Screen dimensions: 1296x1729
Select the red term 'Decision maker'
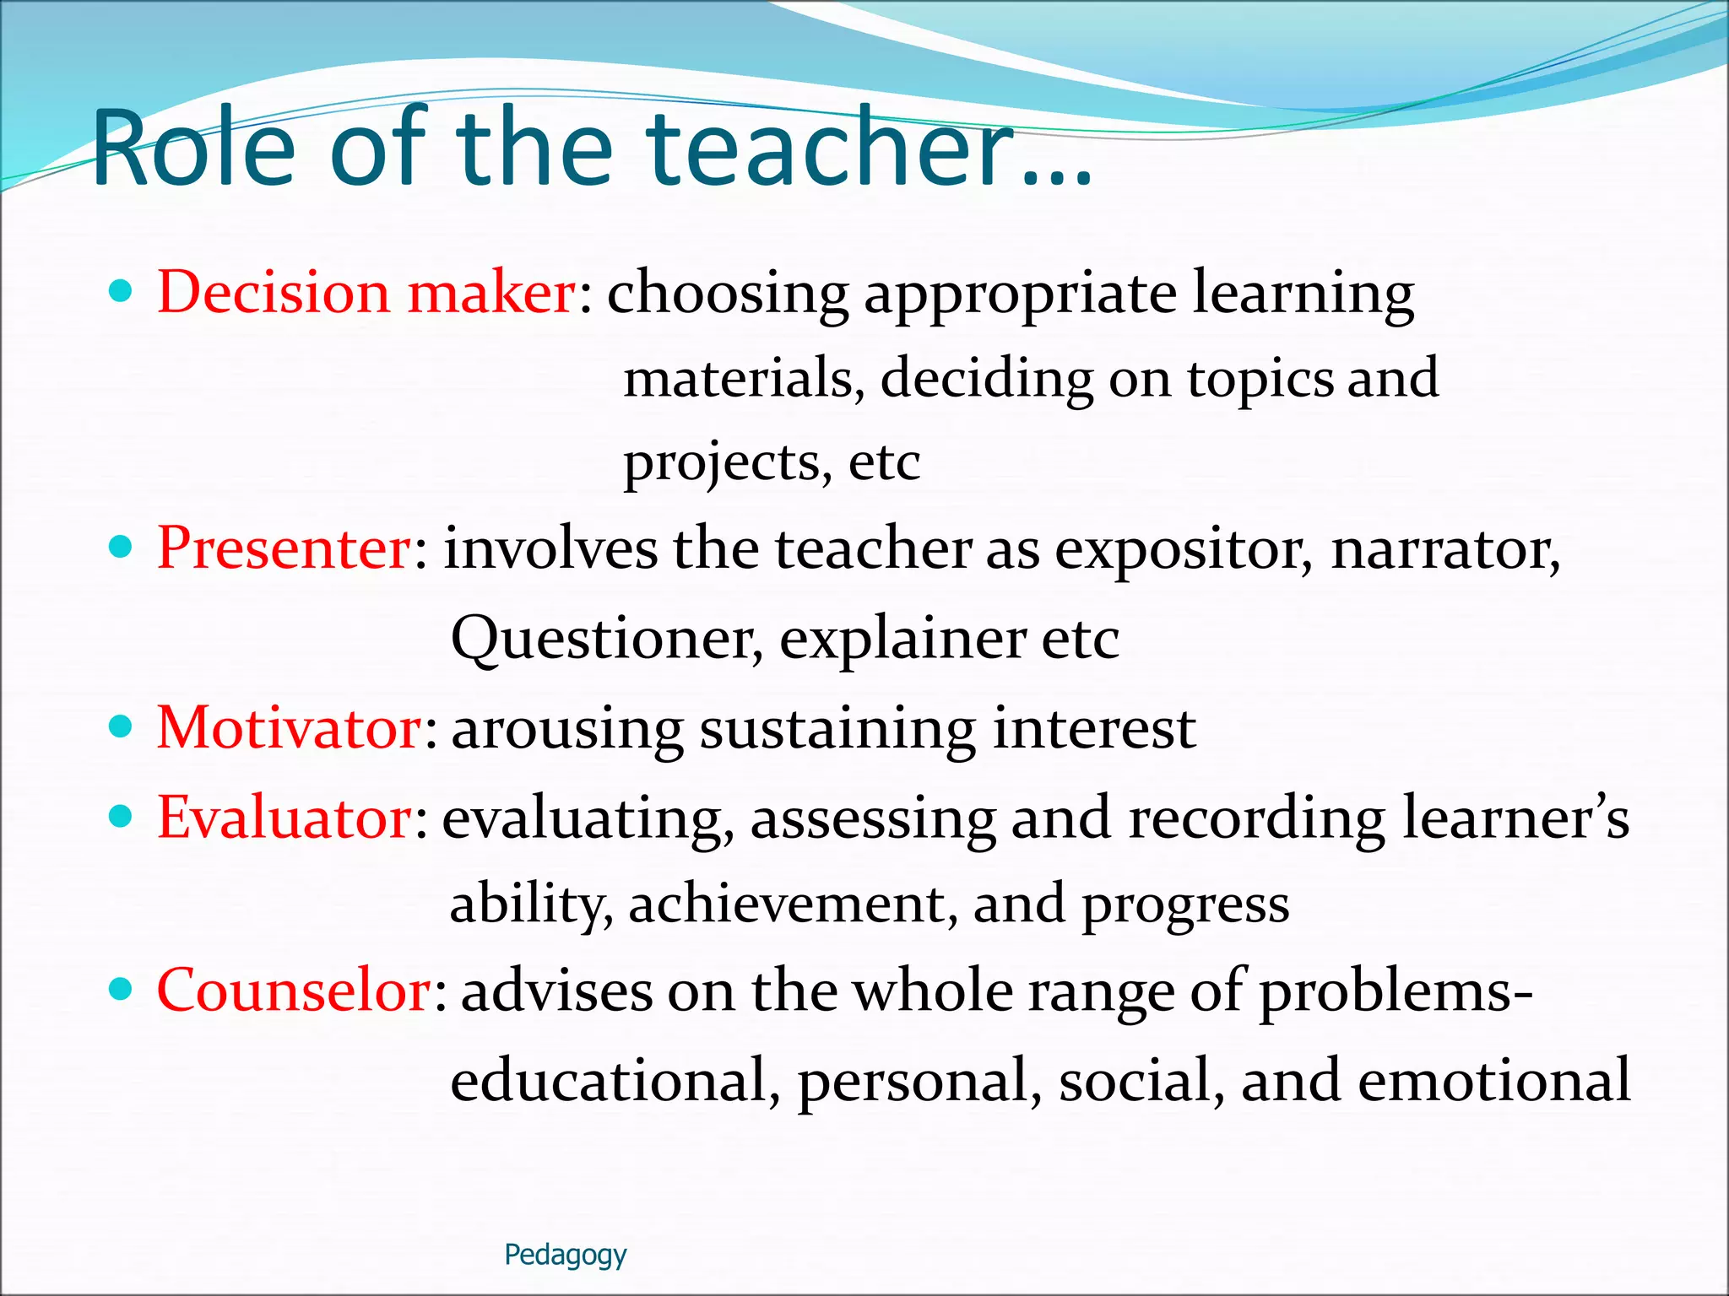(x=366, y=292)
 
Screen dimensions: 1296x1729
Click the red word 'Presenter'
(x=284, y=548)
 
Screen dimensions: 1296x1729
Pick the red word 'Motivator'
(x=290, y=727)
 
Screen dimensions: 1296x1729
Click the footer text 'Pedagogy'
(x=565, y=1255)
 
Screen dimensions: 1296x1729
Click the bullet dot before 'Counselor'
(x=122, y=988)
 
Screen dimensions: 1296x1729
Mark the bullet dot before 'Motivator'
(x=122, y=726)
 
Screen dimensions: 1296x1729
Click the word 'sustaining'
(x=837, y=729)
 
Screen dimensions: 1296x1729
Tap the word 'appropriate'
(x=1020, y=295)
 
